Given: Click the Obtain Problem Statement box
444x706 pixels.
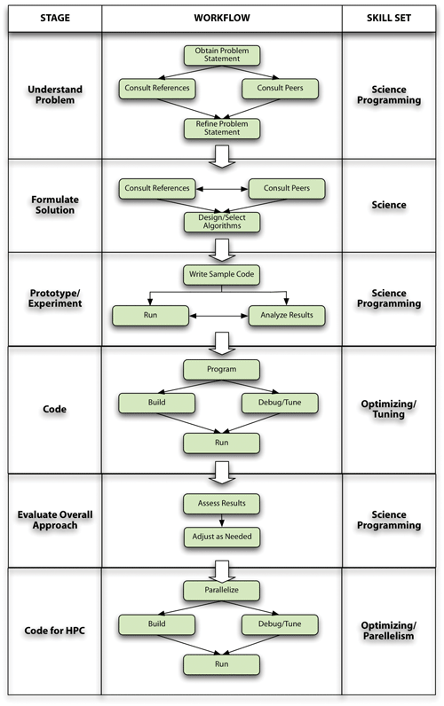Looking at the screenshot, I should pos(222,55).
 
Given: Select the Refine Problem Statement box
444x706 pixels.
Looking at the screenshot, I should pos(222,129).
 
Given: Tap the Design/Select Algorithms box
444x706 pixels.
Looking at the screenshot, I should pos(222,222).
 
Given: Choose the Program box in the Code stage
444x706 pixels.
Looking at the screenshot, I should pos(222,368).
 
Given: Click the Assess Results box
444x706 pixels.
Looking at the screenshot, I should pos(222,503).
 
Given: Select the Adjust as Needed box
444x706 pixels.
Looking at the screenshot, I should pos(222,537).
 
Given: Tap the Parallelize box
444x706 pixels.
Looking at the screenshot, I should pos(222,589).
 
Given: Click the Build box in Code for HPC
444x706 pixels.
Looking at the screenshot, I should pos(157,625).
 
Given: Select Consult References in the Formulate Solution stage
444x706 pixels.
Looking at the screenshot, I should pos(157,188).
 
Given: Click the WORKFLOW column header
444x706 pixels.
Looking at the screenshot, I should pos(222,17).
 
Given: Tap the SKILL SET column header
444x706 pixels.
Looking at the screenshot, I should pos(390,17).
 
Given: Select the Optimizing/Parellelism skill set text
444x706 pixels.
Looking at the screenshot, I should pos(390,631).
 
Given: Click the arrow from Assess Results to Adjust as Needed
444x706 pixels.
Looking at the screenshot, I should pos(222,521).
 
